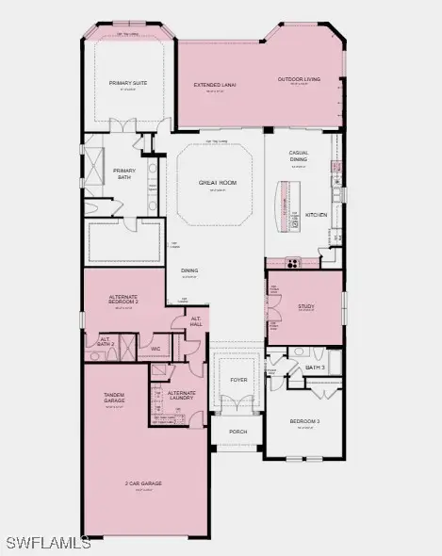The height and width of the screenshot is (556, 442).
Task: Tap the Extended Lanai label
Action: (x=215, y=85)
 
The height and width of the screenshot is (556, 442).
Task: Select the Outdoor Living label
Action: (x=299, y=79)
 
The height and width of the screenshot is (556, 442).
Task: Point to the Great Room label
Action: (x=215, y=182)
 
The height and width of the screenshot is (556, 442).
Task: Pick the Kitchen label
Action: (x=317, y=215)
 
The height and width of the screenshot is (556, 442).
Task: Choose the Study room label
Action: (x=305, y=305)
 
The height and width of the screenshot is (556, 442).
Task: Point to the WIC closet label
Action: (x=156, y=349)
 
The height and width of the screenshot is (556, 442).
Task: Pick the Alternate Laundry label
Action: (x=182, y=395)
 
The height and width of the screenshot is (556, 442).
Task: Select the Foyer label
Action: (x=238, y=380)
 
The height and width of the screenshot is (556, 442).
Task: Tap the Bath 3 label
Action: (x=315, y=367)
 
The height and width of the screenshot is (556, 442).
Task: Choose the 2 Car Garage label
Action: (x=143, y=483)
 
